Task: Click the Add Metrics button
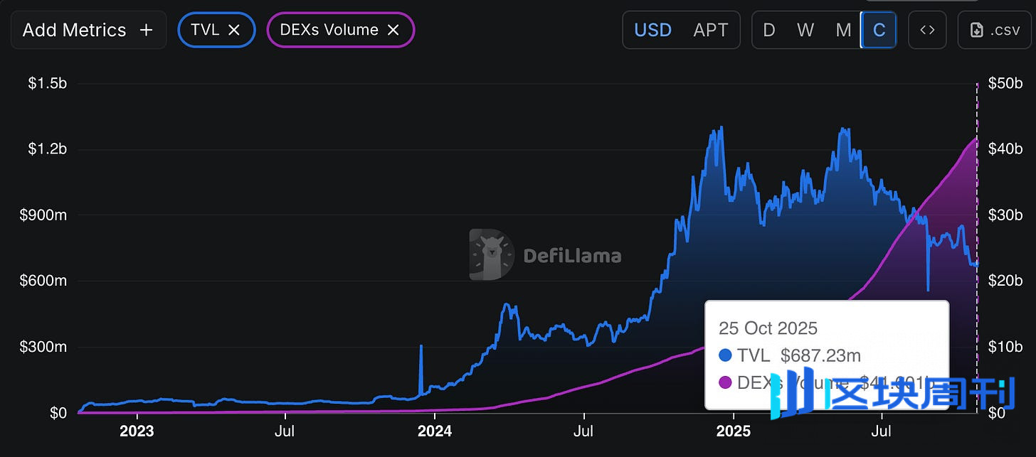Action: [x=88, y=30]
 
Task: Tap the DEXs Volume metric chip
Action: [x=329, y=30]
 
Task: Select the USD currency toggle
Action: [x=652, y=30]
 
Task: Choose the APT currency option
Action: [x=710, y=30]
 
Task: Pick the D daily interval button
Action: [x=769, y=30]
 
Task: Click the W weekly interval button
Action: [x=805, y=30]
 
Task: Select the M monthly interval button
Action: [x=843, y=30]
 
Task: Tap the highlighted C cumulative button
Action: [x=879, y=30]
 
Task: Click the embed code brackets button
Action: [x=927, y=30]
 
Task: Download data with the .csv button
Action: [x=994, y=30]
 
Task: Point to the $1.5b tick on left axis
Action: [x=47, y=83]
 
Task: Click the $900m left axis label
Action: [x=43, y=215]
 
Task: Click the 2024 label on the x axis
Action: [x=434, y=431]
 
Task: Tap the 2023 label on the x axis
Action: [x=137, y=431]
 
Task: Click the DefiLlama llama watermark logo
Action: [x=492, y=254]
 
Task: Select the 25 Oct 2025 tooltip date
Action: [x=768, y=328]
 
